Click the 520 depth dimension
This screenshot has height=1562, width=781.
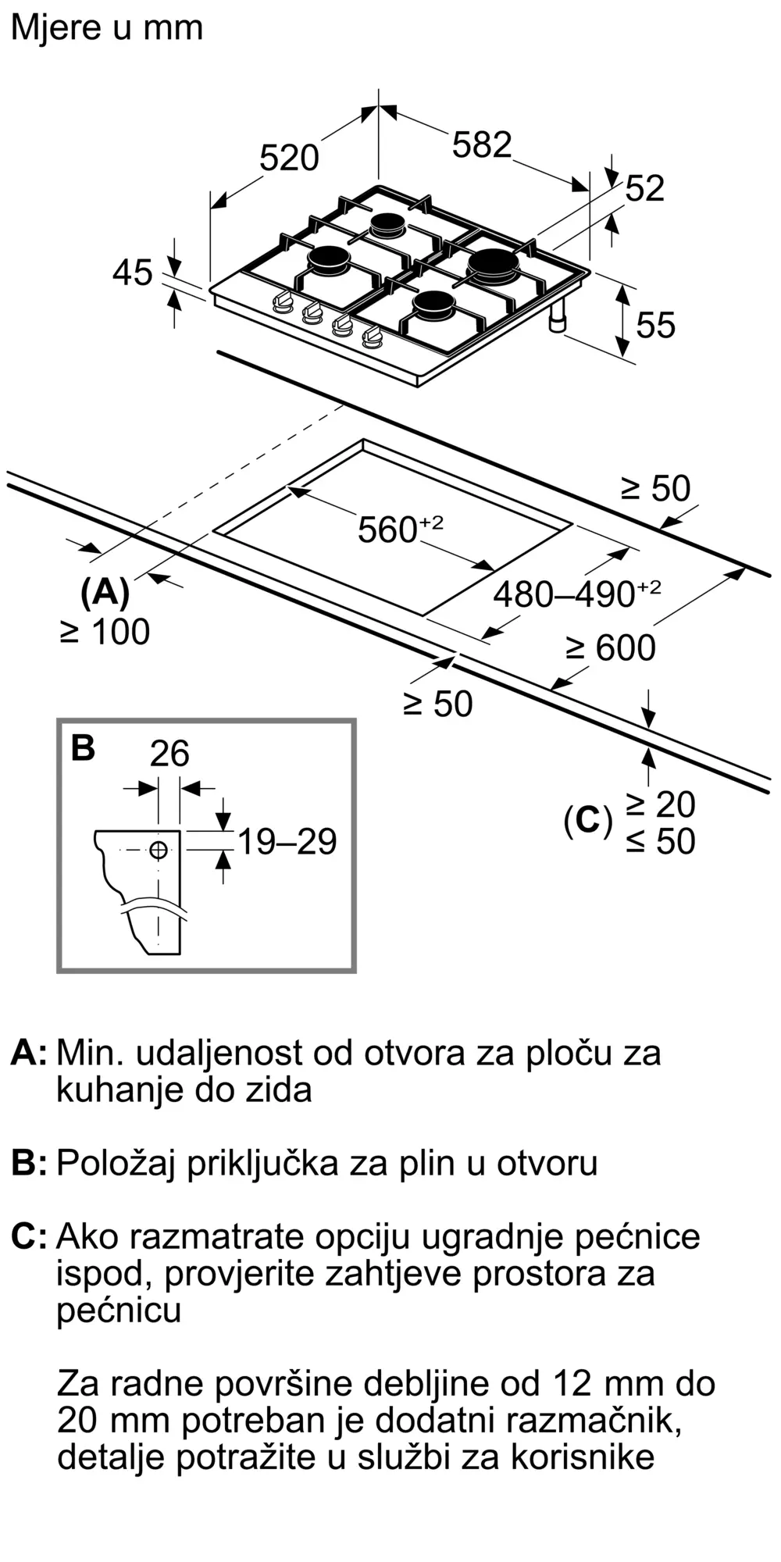click(x=289, y=159)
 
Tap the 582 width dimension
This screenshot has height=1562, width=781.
click(x=482, y=145)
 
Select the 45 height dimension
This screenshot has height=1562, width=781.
click(x=132, y=273)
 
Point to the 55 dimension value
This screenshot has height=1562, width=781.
click(x=654, y=325)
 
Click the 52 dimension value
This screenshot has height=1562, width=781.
click(x=645, y=188)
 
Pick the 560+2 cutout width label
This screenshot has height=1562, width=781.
click(x=399, y=529)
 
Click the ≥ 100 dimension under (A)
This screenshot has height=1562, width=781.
click(x=105, y=632)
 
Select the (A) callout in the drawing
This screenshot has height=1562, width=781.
click(x=105, y=593)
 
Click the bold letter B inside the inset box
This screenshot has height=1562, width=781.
click(x=83, y=747)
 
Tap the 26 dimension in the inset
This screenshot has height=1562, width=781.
click(x=169, y=754)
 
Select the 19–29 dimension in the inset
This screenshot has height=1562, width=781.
click(x=287, y=842)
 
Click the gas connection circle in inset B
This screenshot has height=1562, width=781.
click(x=159, y=850)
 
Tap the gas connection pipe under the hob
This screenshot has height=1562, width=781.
click(x=558, y=319)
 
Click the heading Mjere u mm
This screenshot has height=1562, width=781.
click(x=107, y=28)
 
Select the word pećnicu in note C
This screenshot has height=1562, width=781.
click(x=119, y=1310)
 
